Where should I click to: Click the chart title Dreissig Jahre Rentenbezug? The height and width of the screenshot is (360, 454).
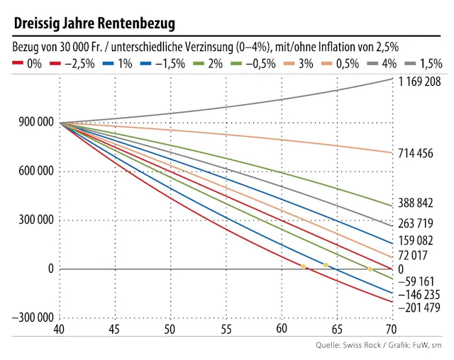pyautogui.click(x=94, y=24)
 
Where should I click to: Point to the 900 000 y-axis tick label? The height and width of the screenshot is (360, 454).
pyautogui.click(x=33, y=123)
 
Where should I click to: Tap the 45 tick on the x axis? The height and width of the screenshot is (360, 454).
pyautogui.click(x=115, y=330)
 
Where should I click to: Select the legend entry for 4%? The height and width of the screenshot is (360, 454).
pyautogui.click(x=383, y=64)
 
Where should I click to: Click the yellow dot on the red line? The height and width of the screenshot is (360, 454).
pyautogui.click(x=304, y=266)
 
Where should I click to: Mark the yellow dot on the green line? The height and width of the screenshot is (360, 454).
pyautogui.click(x=370, y=269)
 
